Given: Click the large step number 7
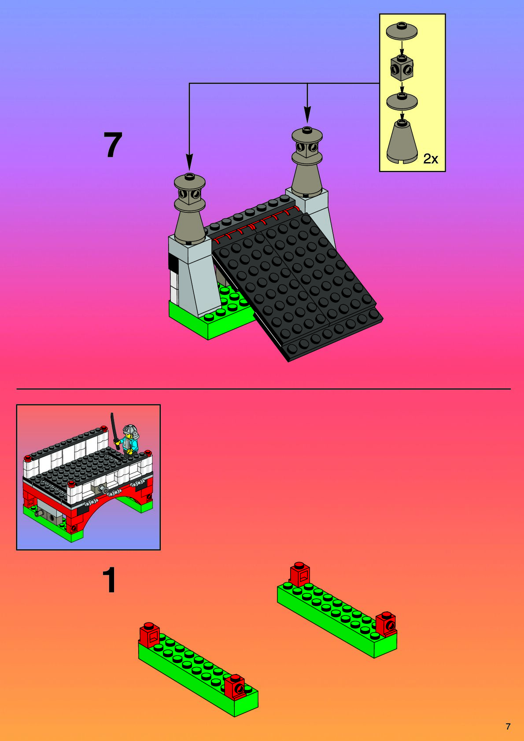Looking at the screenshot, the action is [113, 144].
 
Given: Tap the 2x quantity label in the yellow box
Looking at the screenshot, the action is [431, 159].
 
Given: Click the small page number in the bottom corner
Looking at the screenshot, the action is [508, 726].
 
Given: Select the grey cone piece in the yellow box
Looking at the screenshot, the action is [402, 142].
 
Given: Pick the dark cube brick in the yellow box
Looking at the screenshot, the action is [402, 68].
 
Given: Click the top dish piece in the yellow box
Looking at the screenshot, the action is [402, 31].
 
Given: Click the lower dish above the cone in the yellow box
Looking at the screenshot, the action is [402, 101].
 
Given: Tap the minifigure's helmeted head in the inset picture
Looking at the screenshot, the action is [129, 430].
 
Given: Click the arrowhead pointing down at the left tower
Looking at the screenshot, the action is [189, 162].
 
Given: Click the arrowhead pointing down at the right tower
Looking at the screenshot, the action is [307, 115].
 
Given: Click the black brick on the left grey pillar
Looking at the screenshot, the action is [173, 261].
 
